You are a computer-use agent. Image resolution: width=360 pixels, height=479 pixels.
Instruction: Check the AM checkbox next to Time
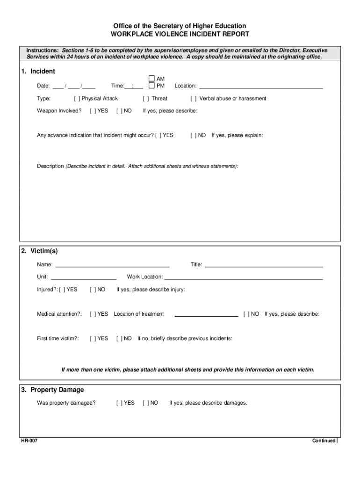(x=151, y=79)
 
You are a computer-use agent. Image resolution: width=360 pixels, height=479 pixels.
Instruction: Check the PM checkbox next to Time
(x=151, y=86)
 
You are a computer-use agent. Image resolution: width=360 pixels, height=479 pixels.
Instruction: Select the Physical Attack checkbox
(x=77, y=99)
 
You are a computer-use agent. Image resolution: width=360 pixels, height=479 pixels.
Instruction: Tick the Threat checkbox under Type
(x=146, y=99)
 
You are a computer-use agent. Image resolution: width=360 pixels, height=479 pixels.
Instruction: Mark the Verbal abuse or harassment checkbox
(x=194, y=99)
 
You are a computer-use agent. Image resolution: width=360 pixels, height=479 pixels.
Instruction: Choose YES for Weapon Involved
(x=93, y=111)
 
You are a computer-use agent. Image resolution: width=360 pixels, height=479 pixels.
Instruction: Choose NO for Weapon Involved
(x=119, y=111)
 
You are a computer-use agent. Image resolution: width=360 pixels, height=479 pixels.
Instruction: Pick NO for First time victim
(x=119, y=339)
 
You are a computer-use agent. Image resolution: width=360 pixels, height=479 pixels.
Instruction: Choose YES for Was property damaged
(x=119, y=403)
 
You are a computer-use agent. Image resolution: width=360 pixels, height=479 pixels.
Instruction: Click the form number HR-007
(x=29, y=441)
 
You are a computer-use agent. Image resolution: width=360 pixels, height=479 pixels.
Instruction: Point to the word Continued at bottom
(x=324, y=441)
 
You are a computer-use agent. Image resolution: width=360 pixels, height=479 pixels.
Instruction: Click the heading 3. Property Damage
(x=52, y=390)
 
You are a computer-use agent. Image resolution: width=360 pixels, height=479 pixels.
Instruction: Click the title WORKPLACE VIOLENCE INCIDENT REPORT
(x=180, y=35)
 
